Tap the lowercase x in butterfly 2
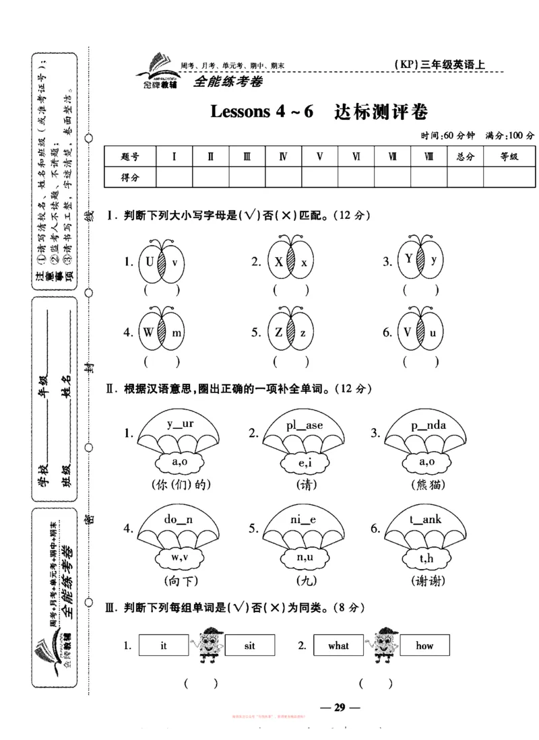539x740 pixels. point(304,262)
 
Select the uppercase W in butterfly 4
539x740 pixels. point(148,332)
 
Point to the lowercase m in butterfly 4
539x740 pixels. point(176,333)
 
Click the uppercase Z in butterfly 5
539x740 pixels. point(276,332)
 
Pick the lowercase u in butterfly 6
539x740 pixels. point(434,332)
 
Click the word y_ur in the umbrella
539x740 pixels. point(180,424)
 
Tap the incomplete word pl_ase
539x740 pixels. point(304,426)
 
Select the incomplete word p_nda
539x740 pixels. point(428,425)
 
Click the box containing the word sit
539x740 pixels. point(249,646)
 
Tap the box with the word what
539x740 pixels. point(338,646)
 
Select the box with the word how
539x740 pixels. point(424,646)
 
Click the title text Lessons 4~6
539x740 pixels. point(263,111)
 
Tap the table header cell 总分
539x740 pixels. point(466,157)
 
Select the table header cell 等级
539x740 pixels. point(509,157)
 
